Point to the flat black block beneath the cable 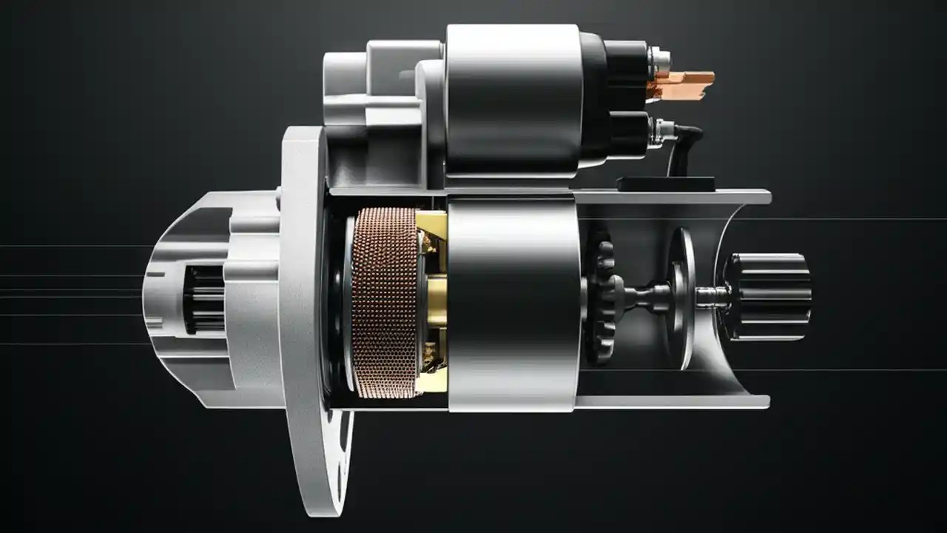[666, 184]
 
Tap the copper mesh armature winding [384, 302]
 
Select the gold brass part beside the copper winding [432, 304]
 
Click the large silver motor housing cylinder [513, 304]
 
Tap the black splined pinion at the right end [769, 296]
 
